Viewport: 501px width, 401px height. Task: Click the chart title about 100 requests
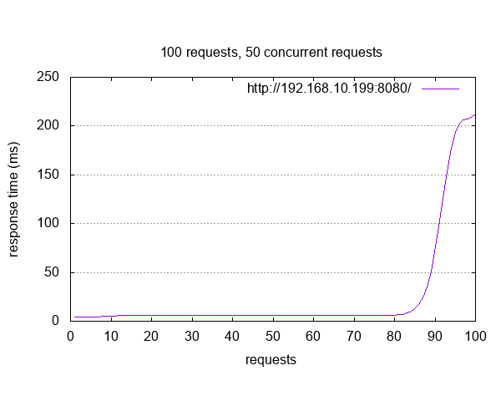click(x=271, y=52)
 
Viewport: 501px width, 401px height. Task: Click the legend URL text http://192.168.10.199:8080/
click(x=329, y=88)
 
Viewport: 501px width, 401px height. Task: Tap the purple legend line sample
click(x=441, y=88)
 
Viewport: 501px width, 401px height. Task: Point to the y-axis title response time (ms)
click(x=14, y=199)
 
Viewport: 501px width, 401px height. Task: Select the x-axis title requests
click(x=271, y=360)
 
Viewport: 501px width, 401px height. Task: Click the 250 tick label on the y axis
click(x=47, y=77)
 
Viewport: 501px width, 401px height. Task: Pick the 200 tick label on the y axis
click(x=47, y=125)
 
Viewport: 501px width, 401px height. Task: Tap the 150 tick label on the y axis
click(x=47, y=175)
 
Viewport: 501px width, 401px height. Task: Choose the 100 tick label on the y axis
click(x=47, y=223)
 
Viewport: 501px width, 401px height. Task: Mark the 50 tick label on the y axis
click(x=50, y=272)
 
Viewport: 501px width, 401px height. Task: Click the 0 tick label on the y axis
click(x=54, y=321)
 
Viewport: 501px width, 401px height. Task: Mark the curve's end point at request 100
click(x=475, y=114)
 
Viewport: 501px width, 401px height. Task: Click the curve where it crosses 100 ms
click(x=439, y=223)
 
